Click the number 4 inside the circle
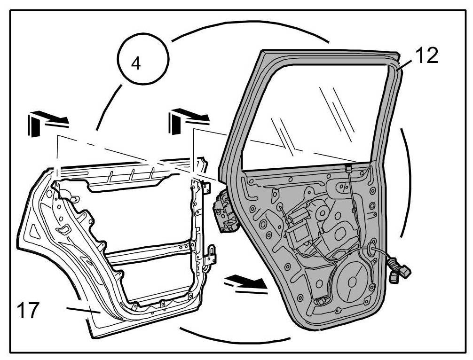coord(135,63)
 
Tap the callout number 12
coord(426,55)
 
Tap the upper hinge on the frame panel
coord(205,187)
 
